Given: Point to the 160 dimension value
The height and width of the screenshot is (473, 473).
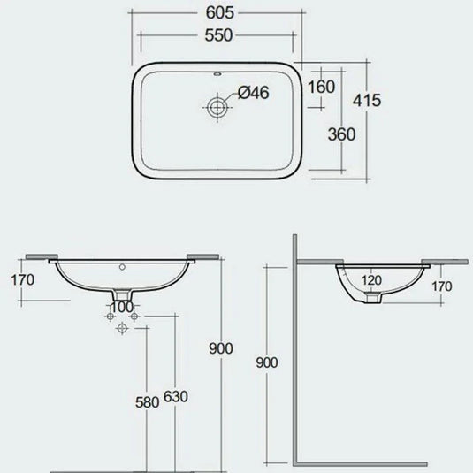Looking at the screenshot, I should coord(323,87).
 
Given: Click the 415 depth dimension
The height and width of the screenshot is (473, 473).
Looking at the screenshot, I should coord(366,101).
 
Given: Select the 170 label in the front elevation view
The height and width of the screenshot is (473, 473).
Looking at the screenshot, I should coord(21,282).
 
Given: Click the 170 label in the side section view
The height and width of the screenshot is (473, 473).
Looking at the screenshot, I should coord(442,286).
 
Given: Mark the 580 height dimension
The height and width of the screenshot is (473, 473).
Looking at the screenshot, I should coord(147,401).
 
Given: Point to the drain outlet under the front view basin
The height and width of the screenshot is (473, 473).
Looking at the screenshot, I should coord(123,294).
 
